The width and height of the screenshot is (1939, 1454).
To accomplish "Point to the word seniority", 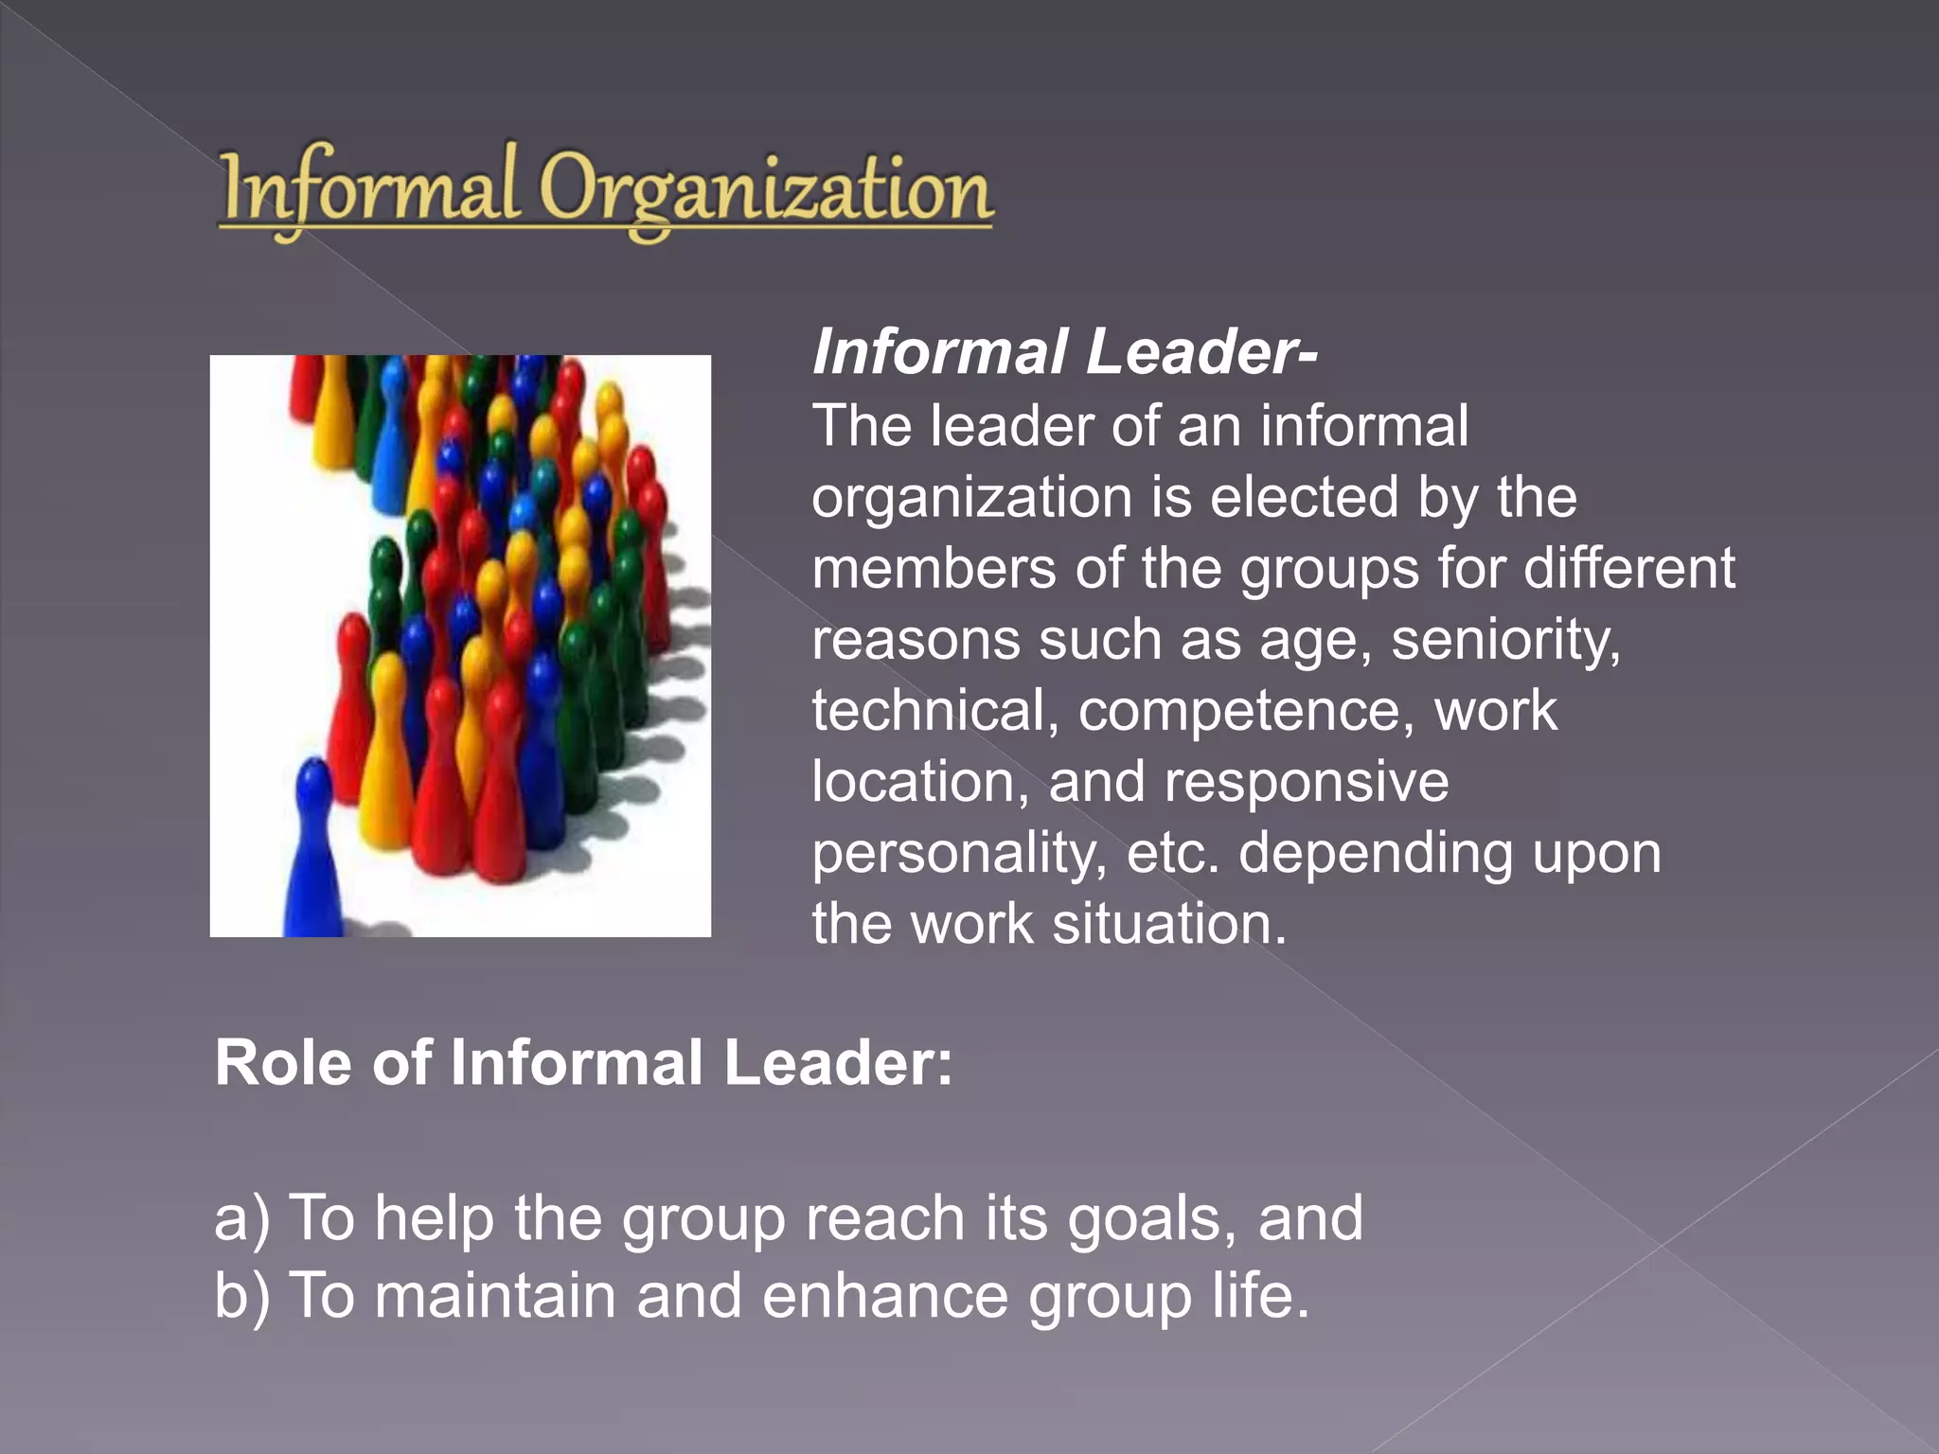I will coord(1505,641).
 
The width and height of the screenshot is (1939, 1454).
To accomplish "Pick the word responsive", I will coord(1306,784).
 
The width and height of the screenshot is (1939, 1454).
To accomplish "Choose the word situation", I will coord(1169,924).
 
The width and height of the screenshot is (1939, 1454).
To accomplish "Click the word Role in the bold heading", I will coord(283,1063).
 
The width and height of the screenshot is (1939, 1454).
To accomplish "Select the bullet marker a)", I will coord(242,1218).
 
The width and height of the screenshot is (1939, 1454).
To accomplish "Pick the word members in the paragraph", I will coord(934,570).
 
